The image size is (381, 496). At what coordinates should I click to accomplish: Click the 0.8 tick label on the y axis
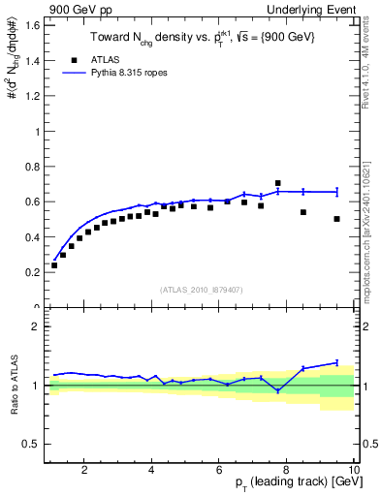31,167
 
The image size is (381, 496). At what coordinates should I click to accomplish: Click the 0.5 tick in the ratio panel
31,444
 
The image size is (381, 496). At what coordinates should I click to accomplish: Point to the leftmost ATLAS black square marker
54,264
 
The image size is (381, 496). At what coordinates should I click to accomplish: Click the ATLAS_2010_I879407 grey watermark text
201,289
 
